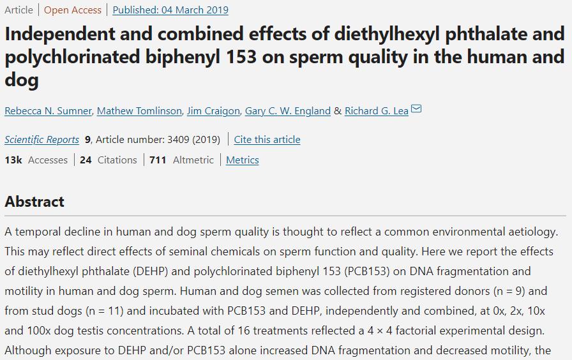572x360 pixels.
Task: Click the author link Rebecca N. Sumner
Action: click(x=48, y=111)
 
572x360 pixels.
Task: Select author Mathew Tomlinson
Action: click(x=139, y=111)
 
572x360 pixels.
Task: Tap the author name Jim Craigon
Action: click(x=213, y=111)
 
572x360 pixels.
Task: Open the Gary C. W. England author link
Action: click(x=288, y=111)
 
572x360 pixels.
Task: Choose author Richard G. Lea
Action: click(x=376, y=111)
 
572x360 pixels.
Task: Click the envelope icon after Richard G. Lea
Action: click(x=416, y=109)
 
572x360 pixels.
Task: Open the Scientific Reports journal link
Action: click(x=41, y=140)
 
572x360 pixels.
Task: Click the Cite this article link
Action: click(x=267, y=140)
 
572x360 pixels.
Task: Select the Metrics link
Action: click(x=243, y=160)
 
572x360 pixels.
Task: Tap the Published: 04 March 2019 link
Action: click(x=170, y=10)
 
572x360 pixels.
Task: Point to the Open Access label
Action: click(x=73, y=10)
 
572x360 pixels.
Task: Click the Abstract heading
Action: click(x=34, y=202)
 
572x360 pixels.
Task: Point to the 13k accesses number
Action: click(x=13, y=160)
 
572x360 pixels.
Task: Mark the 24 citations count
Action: click(x=86, y=160)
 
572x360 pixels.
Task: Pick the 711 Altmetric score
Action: click(x=158, y=160)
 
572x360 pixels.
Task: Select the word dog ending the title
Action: click(x=22, y=80)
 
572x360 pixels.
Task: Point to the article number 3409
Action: click(x=178, y=140)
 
